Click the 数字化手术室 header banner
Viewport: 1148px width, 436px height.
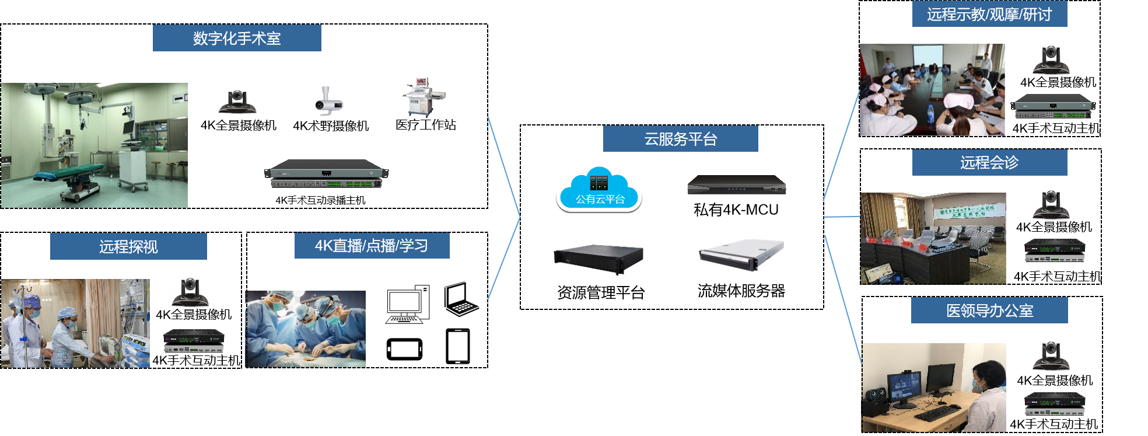[237, 38]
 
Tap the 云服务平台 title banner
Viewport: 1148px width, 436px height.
[680, 139]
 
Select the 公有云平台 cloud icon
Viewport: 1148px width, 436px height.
[600, 190]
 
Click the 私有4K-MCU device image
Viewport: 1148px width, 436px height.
[737, 184]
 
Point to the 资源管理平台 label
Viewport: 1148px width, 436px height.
[601, 292]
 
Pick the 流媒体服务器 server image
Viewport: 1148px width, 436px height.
[741, 254]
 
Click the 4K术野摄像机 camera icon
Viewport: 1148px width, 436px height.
[328, 101]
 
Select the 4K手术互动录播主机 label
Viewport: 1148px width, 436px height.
[320, 200]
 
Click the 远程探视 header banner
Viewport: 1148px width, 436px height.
[128, 246]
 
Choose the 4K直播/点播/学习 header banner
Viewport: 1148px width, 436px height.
[372, 245]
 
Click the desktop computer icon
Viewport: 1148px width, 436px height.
[407, 304]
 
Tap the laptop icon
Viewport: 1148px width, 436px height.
[461, 299]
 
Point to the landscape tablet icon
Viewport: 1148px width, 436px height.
[404, 350]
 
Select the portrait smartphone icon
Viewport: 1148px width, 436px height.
[458, 346]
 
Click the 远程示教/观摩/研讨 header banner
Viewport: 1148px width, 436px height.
[989, 14]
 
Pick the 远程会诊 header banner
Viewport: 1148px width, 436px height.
[989, 162]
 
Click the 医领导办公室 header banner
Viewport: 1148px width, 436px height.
[989, 310]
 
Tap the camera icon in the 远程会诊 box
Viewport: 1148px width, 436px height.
[1051, 204]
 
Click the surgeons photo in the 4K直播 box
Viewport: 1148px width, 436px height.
[306, 329]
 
